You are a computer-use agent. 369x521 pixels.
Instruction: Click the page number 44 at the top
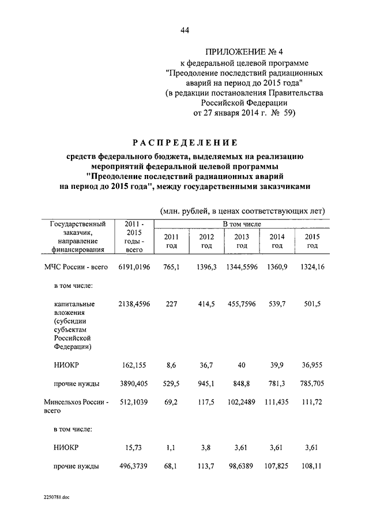tap(184, 30)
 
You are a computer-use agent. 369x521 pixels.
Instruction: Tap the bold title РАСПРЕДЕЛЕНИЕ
tap(184, 142)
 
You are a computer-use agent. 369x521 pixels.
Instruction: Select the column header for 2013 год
tap(242, 241)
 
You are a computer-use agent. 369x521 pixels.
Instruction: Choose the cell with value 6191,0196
tap(134, 267)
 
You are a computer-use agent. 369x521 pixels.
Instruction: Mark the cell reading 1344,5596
tap(241, 267)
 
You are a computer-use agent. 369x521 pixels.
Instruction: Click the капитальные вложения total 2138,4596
tap(134, 303)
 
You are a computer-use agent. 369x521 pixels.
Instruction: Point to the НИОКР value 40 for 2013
tap(242, 365)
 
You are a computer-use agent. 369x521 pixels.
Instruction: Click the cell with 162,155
tap(134, 365)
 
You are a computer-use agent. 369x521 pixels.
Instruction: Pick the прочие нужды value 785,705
tap(312, 383)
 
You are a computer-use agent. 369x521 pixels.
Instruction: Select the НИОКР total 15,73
tap(134, 447)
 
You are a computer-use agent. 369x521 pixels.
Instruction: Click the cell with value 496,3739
tap(134, 466)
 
